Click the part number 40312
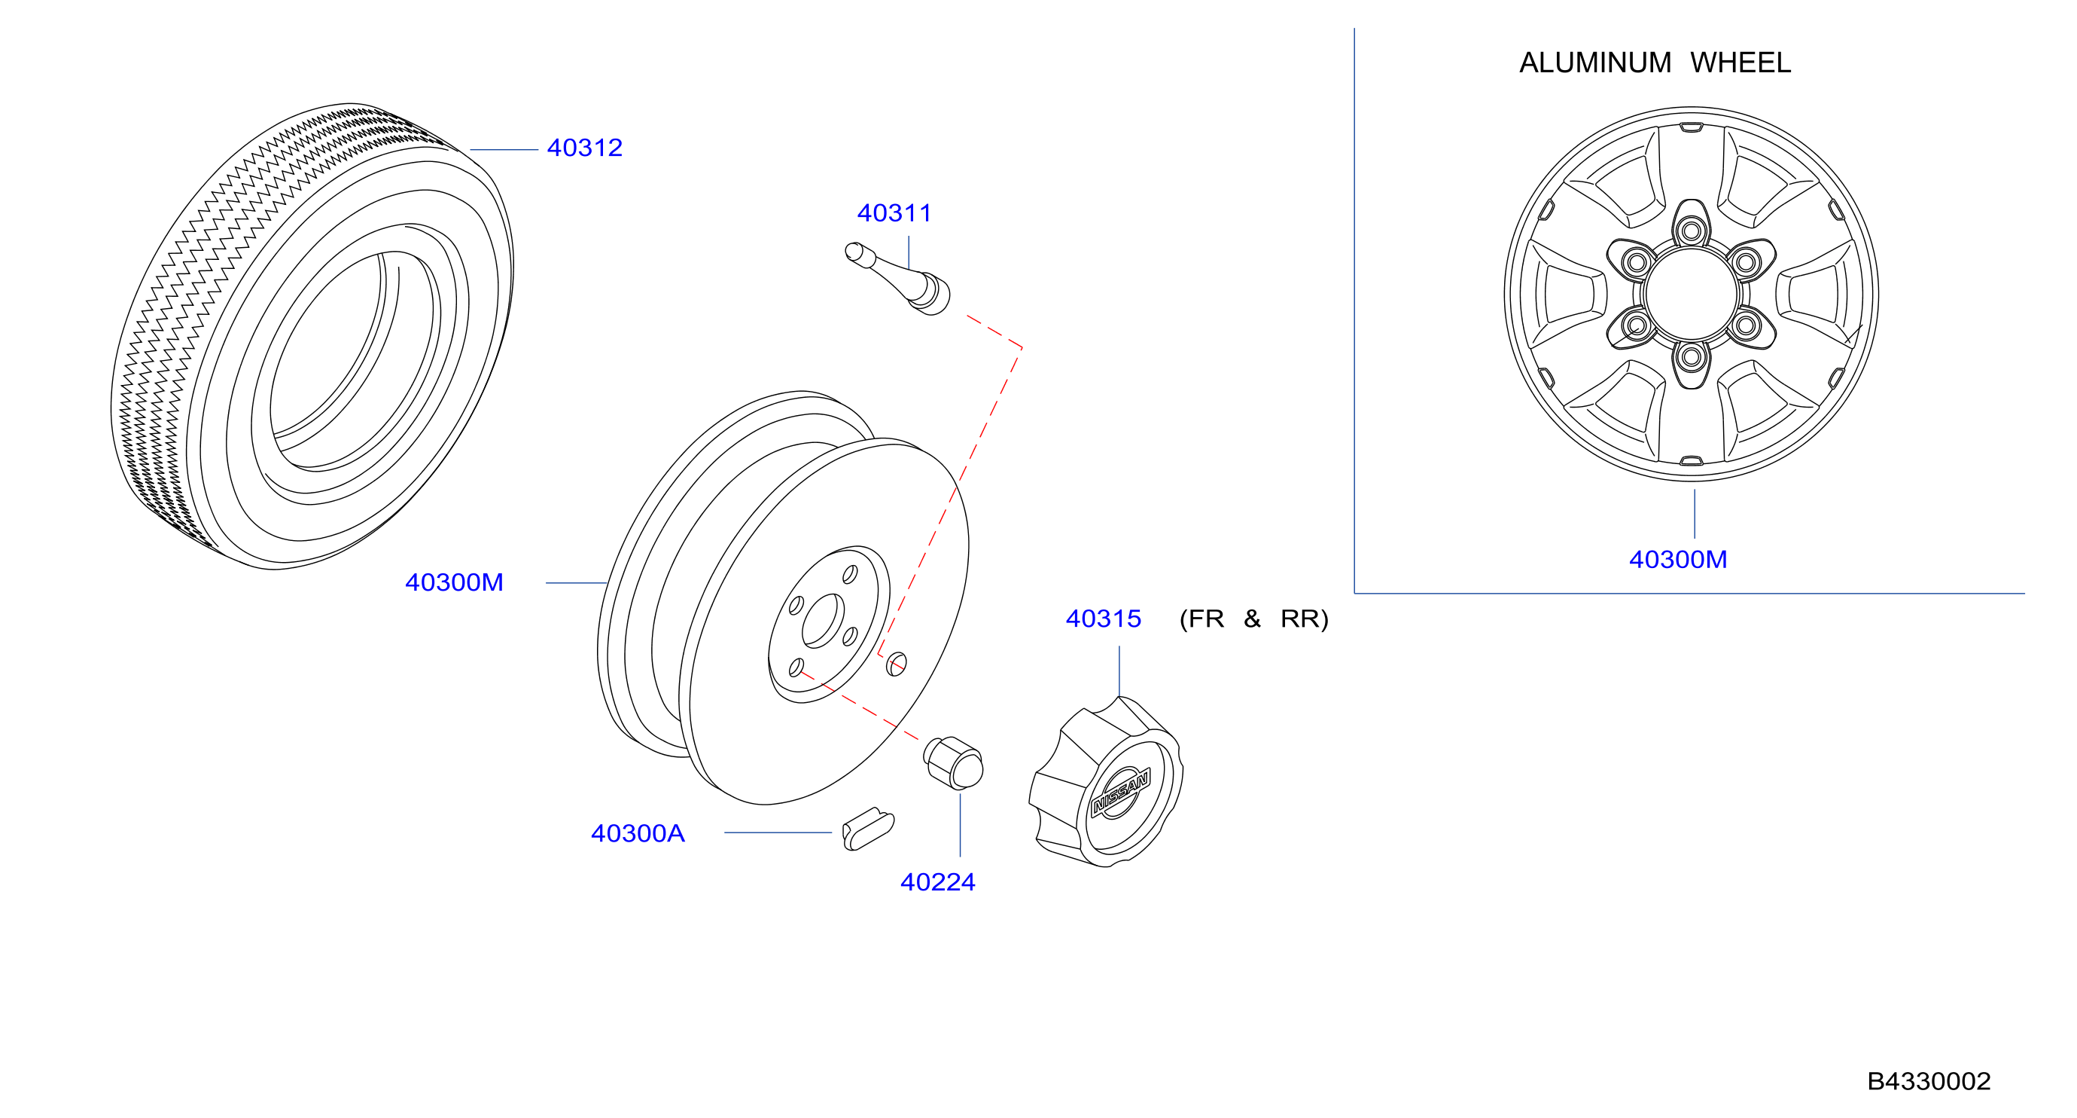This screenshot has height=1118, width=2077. [585, 148]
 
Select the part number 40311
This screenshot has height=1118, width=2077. [894, 213]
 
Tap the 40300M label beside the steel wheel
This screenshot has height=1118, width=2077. [454, 582]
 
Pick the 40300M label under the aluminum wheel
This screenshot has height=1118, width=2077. [1678, 560]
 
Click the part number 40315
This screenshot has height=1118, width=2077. [1103, 619]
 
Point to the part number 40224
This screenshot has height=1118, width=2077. [938, 882]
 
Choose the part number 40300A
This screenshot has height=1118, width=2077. [638, 833]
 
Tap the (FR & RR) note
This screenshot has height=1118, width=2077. [1253, 619]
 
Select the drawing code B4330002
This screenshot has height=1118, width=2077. [1929, 1081]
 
